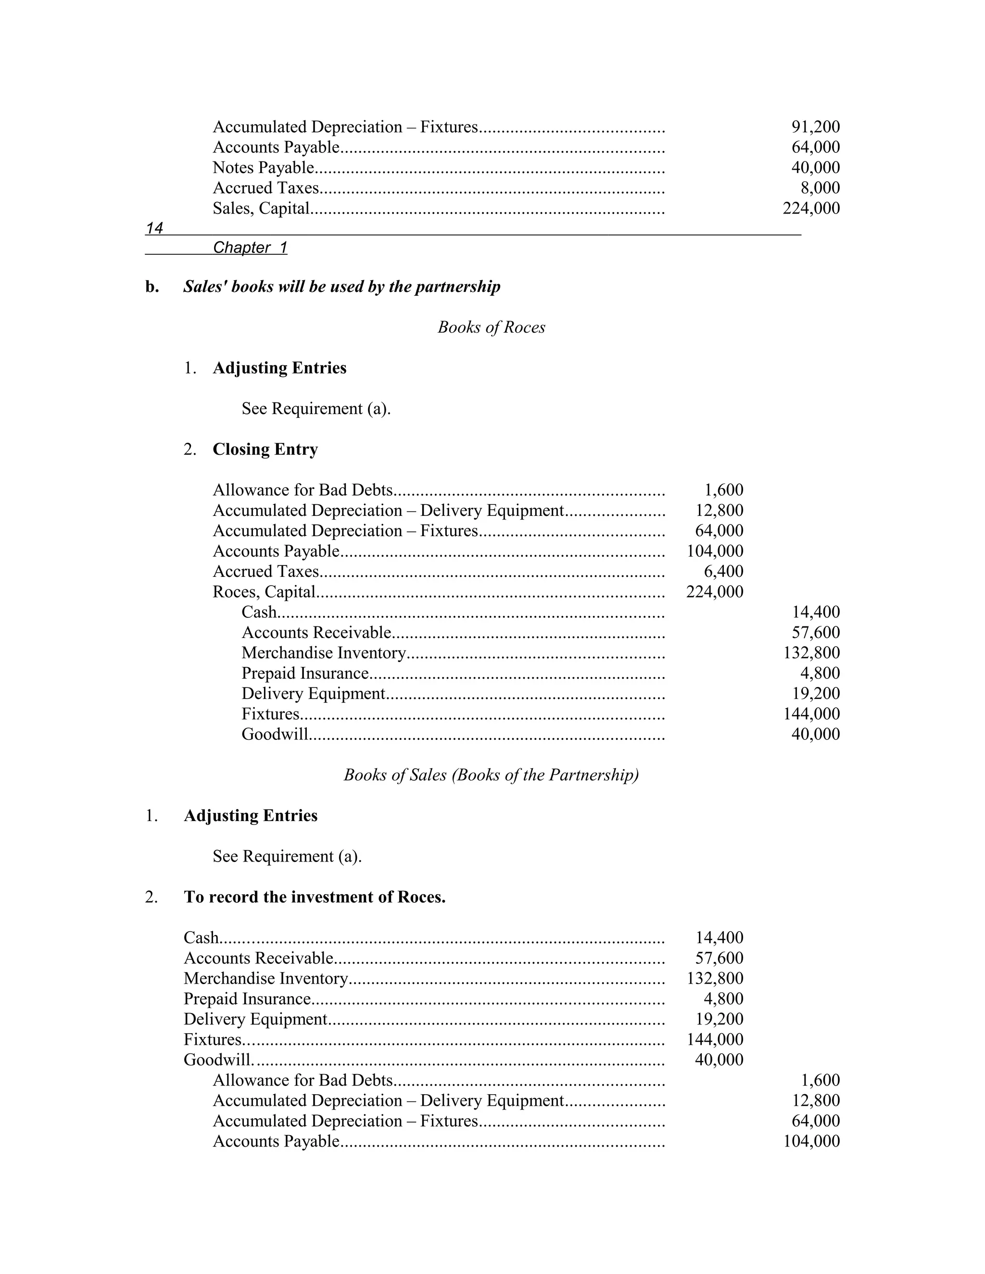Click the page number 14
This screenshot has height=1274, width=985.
click(x=155, y=228)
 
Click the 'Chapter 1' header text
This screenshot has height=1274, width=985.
click(x=250, y=248)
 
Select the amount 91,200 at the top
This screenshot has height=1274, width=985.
click(x=815, y=127)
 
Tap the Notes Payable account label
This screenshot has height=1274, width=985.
click(x=263, y=168)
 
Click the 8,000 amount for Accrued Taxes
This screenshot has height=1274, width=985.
click(x=820, y=188)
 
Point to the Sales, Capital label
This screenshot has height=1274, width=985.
click(x=261, y=208)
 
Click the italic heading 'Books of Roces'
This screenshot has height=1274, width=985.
click(x=492, y=327)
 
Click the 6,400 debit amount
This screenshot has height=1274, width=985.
click(x=723, y=572)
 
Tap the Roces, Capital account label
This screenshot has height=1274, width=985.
click(x=264, y=592)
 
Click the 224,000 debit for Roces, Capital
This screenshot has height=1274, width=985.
click(x=714, y=592)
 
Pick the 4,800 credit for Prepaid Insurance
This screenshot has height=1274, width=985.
click(x=820, y=673)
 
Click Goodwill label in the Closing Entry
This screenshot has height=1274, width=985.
click(x=274, y=735)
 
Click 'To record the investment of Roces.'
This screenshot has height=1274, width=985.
click(x=315, y=897)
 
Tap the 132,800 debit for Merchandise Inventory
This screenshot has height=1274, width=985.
click(x=714, y=978)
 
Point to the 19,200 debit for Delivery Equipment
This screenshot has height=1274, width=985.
click(x=719, y=1019)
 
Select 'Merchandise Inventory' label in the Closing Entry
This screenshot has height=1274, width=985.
click(x=323, y=653)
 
